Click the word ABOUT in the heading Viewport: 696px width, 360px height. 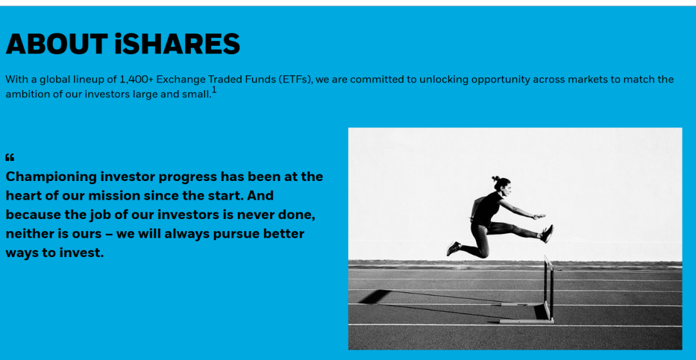pos(56,44)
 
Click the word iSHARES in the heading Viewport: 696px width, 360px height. pos(177,44)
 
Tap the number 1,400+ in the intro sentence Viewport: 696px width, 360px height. pos(137,80)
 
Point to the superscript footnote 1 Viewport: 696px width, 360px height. pos(215,90)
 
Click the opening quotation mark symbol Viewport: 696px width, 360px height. pos(10,157)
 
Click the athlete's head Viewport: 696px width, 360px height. pos(503,184)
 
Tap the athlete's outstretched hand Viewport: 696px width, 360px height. pos(539,216)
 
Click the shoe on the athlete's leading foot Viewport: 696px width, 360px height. pos(547,233)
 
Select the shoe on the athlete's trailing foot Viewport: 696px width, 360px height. pos(453,249)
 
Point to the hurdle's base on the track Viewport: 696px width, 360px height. pos(527,320)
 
